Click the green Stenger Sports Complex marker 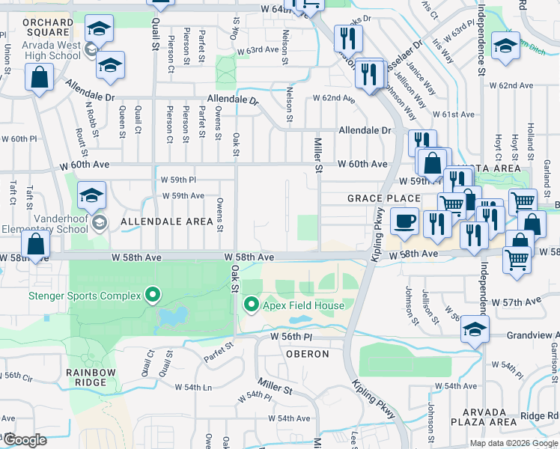(153, 295)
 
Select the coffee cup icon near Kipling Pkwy (404, 222)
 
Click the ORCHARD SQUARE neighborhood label (48, 28)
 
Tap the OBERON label (307, 354)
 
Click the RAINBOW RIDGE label (91, 377)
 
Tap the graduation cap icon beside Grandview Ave (474, 330)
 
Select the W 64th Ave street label (281, 8)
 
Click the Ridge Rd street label (540, 415)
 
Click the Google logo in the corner (24, 440)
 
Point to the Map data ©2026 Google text (513, 443)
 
